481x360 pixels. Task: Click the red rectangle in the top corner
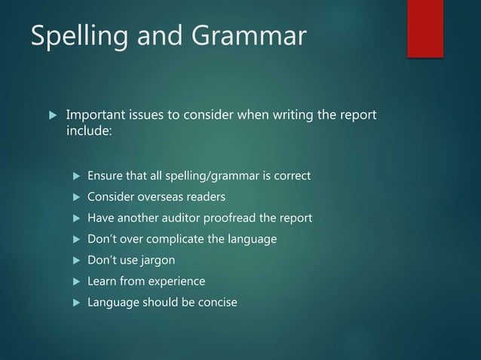[425, 28]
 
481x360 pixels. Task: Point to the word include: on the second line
[89, 133]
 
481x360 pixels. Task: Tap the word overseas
[162, 197]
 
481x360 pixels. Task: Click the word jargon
[157, 261]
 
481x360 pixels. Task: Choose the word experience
[176, 282]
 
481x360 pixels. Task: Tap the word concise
[216, 303]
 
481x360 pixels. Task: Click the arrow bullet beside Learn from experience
[75, 282]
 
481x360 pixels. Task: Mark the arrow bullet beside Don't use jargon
[75, 261]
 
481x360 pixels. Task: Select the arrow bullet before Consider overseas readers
[75, 197]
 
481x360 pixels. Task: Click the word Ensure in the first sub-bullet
[105, 176]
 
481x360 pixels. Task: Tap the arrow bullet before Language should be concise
[75, 303]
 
